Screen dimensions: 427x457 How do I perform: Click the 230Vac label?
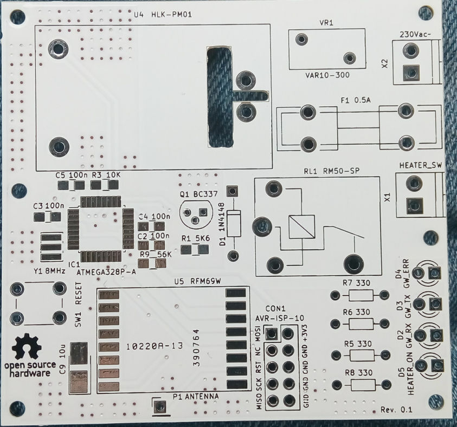click(x=415, y=35)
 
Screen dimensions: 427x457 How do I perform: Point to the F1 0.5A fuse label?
click(x=358, y=100)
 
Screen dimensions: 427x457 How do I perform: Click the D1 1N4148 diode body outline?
click(x=234, y=223)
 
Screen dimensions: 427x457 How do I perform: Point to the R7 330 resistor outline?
click(x=359, y=295)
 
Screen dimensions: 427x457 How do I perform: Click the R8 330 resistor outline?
click(x=359, y=385)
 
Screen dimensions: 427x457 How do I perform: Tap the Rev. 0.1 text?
click(x=396, y=410)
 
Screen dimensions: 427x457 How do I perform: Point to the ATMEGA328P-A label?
click(x=107, y=271)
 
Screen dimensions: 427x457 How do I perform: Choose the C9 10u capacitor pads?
click(x=80, y=367)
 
